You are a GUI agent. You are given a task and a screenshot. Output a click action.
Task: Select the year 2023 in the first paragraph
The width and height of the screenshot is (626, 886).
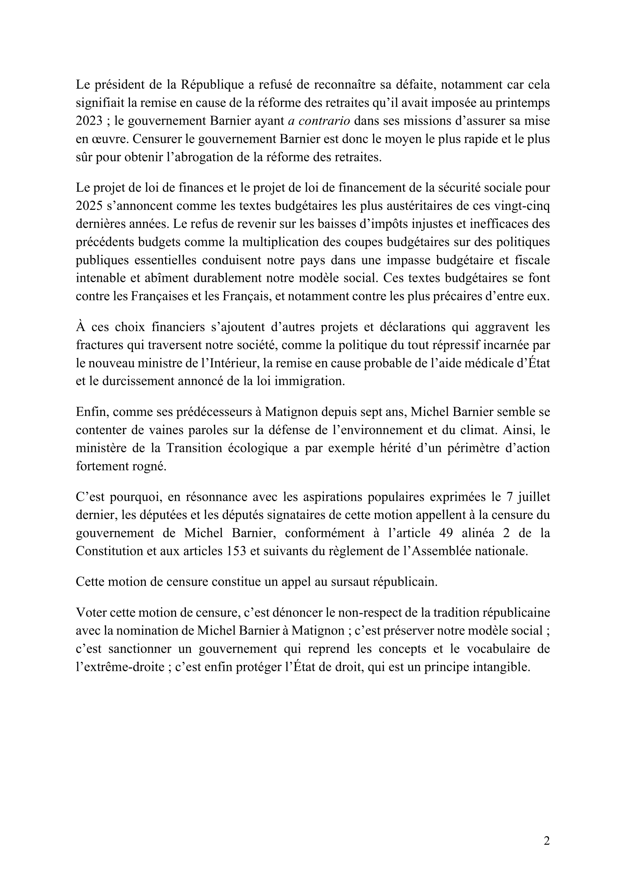point(89,121)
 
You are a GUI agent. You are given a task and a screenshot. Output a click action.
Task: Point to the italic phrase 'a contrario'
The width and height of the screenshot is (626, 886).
point(319,121)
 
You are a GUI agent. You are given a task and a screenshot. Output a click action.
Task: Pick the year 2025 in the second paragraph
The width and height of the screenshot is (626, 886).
point(89,206)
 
